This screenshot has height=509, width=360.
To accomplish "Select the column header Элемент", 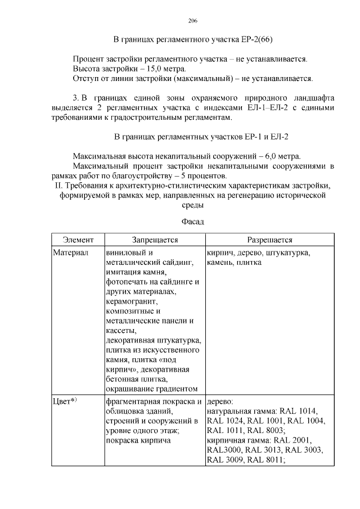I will pyautogui.click(x=78, y=240).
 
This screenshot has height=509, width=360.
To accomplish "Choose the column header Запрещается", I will pyautogui.click(x=155, y=240).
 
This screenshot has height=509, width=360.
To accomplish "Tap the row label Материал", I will pyautogui.click(x=71, y=253).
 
